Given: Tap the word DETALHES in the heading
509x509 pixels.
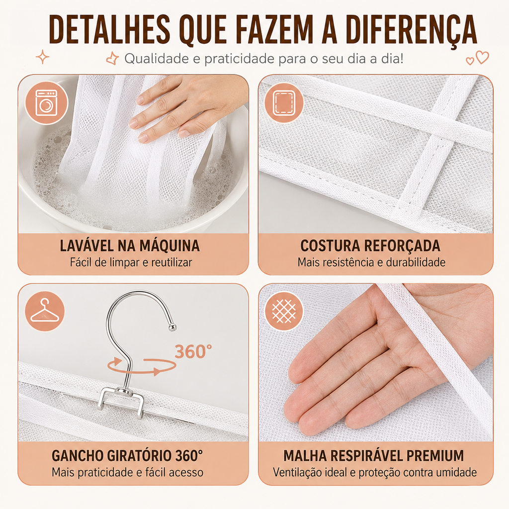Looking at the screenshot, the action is coord(109,29).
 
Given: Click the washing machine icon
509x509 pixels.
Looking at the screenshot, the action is coord(46,103).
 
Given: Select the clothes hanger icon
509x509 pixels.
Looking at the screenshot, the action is coord(45,311).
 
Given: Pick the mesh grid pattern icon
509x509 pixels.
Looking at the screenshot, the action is coord(284,311).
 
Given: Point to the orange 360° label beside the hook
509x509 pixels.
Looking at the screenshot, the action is coord(193,351).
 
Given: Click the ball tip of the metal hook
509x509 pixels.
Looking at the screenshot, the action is coord(172,328).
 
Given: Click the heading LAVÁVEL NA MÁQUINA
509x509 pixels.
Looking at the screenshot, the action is coord(130,246).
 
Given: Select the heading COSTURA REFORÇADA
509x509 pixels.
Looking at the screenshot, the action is coord(370,246).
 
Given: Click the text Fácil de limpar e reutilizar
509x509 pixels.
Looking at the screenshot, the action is coord(131,262).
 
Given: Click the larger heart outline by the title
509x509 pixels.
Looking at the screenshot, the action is coord(482,57).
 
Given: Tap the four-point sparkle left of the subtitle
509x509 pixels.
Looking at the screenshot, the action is coord(43,58).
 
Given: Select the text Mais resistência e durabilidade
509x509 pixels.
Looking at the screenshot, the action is coord(372,262).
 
